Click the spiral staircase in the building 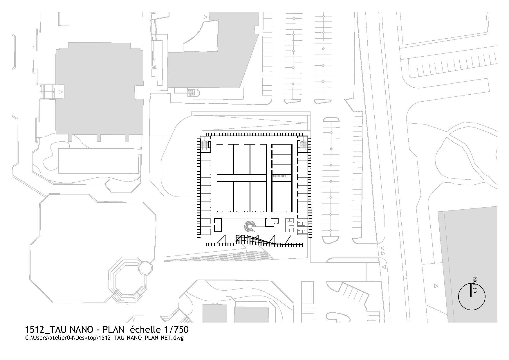tap(250, 226)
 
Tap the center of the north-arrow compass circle tap(472, 297)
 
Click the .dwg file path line tap(104, 338)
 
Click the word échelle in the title tap(145, 330)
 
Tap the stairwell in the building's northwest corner tap(205, 145)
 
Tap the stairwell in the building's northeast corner tap(303, 145)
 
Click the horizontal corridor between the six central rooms tap(241, 178)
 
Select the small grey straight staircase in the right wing tap(279, 176)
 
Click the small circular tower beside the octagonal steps tap(145, 268)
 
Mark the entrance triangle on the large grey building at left tap(60, 92)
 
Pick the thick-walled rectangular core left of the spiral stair tap(218, 225)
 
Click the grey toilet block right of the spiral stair tap(290, 225)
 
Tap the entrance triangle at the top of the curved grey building tap(206, 17)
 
